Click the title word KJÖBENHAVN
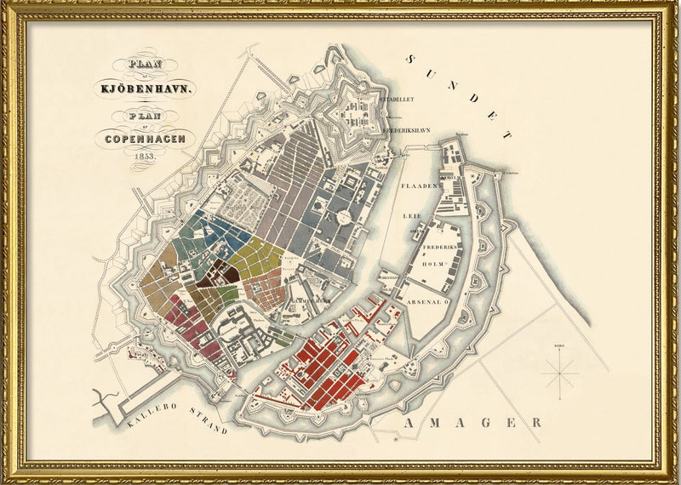click(x=146, y=88)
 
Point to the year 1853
click(x=144, y=155)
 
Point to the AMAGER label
click(x=473, y=422)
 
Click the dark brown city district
click(x=217, y=274)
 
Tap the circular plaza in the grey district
click(x=344, y=218)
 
